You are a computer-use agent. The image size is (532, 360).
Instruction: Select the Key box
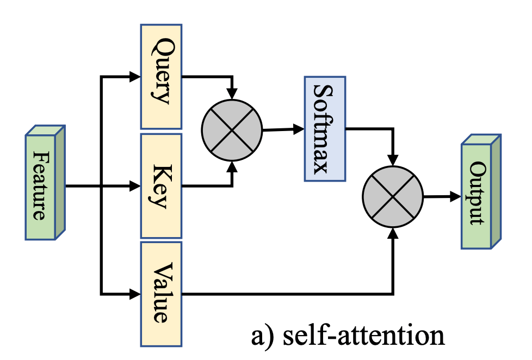coord(161,186)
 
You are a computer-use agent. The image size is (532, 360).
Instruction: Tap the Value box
coord(161,294)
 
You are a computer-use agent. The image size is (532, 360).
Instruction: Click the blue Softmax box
coord(324,128)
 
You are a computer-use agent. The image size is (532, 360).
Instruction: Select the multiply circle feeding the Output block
coord(393,197)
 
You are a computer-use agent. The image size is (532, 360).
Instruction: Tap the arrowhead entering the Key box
coord(135,186)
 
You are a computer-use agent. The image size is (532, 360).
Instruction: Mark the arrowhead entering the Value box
coord(135,294)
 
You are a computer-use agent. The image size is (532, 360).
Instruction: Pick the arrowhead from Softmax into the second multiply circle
coord(393,160)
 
